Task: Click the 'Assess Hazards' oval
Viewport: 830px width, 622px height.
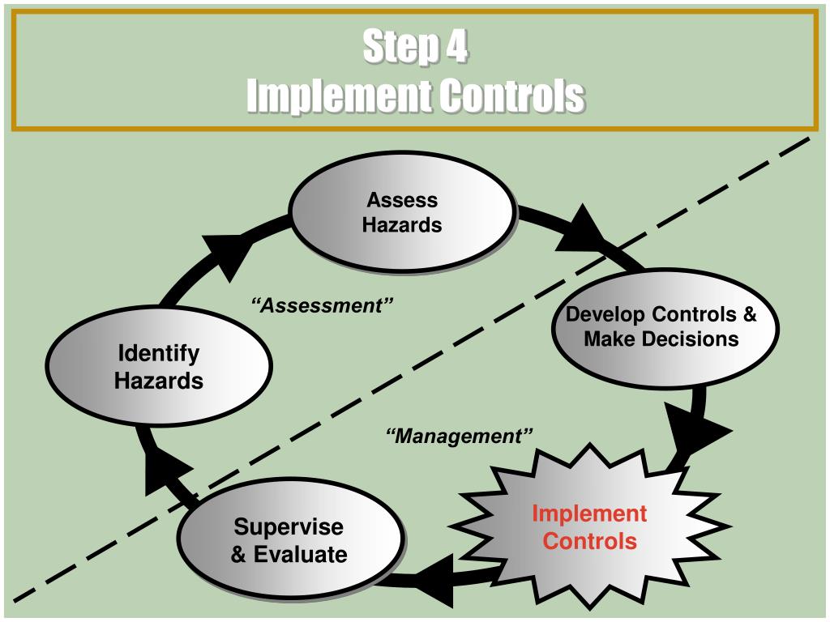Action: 402,212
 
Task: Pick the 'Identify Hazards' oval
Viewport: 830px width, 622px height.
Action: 157,366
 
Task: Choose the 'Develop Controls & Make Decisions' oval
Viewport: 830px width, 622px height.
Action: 661,326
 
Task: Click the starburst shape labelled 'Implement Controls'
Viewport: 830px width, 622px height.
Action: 589,526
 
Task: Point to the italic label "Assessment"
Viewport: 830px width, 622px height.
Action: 323,305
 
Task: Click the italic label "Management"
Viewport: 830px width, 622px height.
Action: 459,437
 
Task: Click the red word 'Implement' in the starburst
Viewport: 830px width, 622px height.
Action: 589,513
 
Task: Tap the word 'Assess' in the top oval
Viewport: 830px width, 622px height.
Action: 402,200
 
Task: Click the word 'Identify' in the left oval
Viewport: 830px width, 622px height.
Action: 159,354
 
